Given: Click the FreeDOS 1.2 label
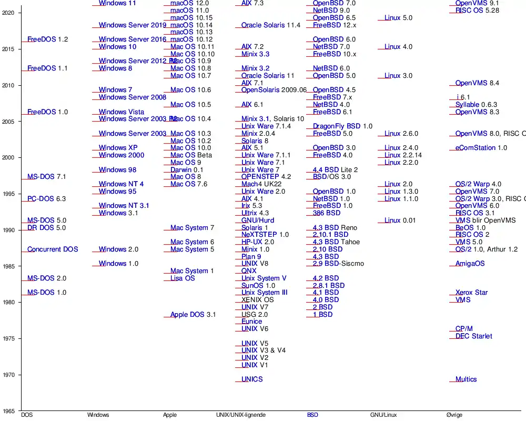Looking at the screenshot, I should tap(47, 39).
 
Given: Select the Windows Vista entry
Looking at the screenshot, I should tap(122, 112).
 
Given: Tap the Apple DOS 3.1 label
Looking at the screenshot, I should tap(193, 315).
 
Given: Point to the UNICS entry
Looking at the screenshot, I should tap(252, 379).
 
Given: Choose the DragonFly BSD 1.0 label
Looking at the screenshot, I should tap(342, 126).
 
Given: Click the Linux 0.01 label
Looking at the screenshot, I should tap(400, 220).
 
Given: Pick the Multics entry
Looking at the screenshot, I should tap(466, 379).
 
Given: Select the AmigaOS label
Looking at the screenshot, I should tap(470, 264).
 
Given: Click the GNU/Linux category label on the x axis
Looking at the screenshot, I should tap(383, 415).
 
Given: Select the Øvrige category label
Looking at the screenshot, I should tap(454, 415).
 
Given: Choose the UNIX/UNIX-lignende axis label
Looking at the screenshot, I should tap(241, 415).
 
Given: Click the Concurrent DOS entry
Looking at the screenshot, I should tap(53, 249).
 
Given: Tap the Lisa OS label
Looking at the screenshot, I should tap(183, 278).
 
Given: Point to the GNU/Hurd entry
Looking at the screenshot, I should tap(258, 220).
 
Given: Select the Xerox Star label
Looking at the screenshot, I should tap(471, 293).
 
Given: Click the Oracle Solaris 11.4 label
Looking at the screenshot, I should tap(271, 25).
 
